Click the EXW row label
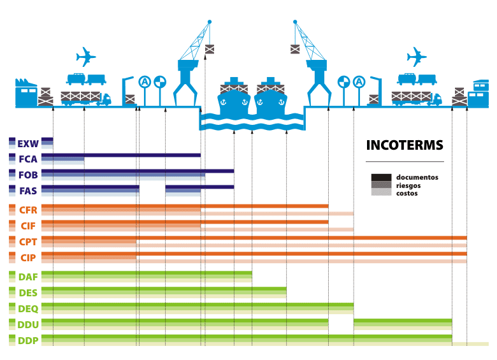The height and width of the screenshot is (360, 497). tap(29, 143)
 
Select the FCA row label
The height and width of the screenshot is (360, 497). tap(28, 159)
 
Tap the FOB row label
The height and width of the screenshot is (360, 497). tap(28, 175)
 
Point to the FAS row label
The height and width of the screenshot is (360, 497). tap(28, 190)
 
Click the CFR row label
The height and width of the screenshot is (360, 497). tap(28, 210)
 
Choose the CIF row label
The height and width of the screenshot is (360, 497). tap(28, 226)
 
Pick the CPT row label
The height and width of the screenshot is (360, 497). tap(28, 241)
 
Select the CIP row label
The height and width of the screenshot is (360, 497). tap(28, 257)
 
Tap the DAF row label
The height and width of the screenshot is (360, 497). tap(28, 277)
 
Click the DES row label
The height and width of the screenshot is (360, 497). tap(28, 292)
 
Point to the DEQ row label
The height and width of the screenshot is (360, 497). tap(28, 308)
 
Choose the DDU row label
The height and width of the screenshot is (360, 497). tap(28, 324)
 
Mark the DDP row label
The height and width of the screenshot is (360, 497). tap(28, 340)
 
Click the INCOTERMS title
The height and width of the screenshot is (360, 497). tap(404, 145)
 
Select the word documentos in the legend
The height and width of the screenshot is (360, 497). tap(417, 177)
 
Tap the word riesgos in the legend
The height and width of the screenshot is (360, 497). tap(408, 185)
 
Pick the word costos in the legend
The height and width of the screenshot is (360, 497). tap(407, 193)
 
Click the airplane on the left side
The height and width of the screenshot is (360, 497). tap(85, 57)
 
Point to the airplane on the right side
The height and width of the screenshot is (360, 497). tap(416, 57)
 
